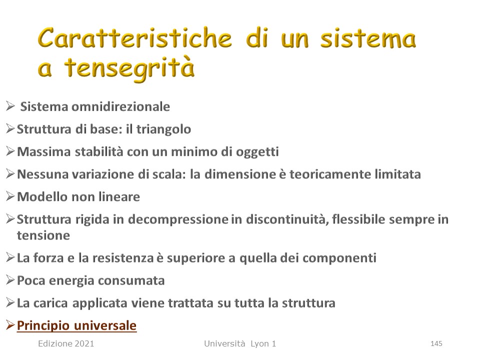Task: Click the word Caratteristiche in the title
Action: click(134, 38)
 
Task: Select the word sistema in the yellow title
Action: click(368, 39)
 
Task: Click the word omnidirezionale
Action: click(120, 106)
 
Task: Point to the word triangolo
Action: click(164, 129)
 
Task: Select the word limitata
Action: click(396, 174)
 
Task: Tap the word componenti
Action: click(339, 258)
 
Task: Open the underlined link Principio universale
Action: click(76, 325)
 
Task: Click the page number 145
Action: click(436, 343)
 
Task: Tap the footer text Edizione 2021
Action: click(66, 343)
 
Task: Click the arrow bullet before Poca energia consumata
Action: click(10, 280)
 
